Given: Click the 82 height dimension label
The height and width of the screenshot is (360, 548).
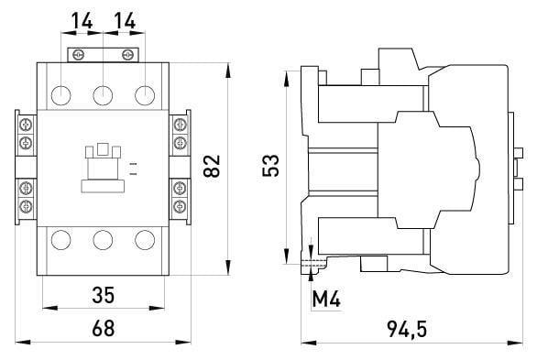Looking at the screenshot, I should pos(213,167).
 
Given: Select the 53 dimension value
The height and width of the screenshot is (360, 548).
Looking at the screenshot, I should pos(270,167).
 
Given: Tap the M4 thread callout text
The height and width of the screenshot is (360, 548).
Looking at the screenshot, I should pos(327,298).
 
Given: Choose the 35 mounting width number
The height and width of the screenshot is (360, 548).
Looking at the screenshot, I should pos(103,296).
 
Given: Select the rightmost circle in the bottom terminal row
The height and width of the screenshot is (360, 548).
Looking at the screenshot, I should pos(144,241).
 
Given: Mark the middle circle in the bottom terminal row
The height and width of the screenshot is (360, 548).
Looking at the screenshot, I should pos(103,241).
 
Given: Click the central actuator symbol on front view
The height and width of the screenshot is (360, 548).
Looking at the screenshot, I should pos(103,165).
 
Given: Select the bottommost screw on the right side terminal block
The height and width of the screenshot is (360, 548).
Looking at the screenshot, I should pos(181,208).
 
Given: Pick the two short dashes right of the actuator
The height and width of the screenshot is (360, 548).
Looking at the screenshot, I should pos(134,166).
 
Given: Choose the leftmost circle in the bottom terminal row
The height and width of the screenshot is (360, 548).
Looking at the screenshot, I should pos(61,241).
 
